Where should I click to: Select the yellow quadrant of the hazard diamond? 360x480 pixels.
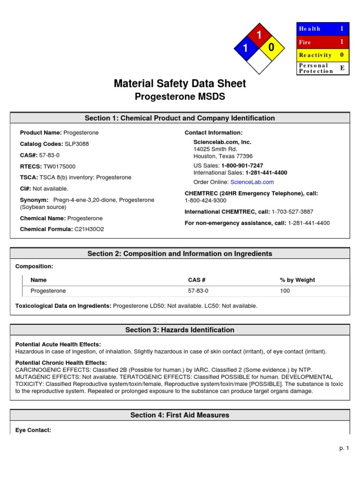click(272, 48)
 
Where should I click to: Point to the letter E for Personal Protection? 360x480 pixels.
click(342, 68)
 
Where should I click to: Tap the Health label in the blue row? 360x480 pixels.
click(309, 29)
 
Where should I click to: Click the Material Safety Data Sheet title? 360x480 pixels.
click(180, 84)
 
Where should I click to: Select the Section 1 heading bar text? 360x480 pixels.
click(180, 118)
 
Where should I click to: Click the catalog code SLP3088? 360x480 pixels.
click(77, 144)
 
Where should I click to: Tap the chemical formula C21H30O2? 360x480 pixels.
click(89, 229)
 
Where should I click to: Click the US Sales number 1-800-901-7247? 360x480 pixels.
click(242, 166)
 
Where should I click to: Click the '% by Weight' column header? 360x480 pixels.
click(297, 280)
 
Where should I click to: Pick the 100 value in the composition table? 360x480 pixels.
click(285, 291)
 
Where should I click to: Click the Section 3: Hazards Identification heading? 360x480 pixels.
click(180, 330)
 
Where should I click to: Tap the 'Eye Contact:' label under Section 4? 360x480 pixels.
click(33, 430)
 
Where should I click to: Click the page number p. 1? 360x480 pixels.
click(345, 449)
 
